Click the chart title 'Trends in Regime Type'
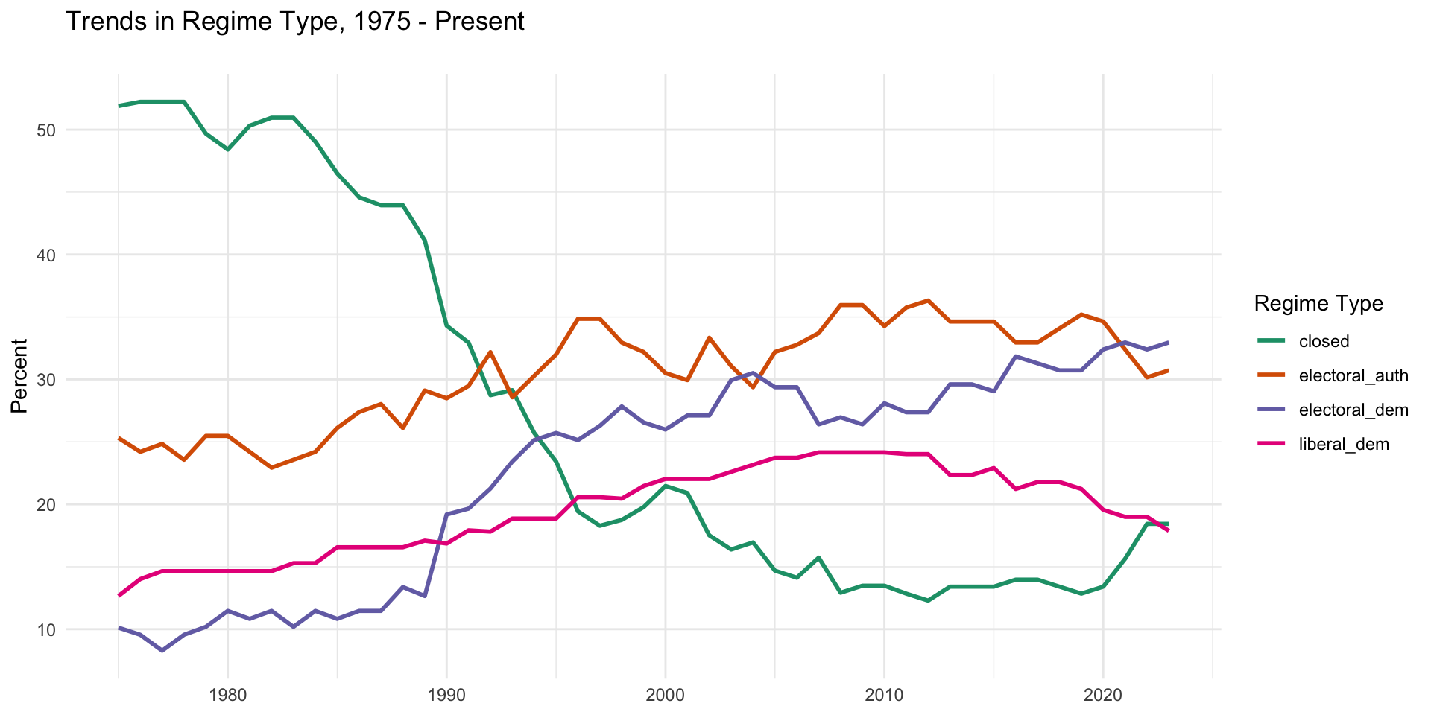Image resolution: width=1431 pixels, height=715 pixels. (x=295, y=21)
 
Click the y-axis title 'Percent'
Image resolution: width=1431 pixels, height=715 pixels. (x=19, y=375)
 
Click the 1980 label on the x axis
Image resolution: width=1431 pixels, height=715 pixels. (x=228, y=696)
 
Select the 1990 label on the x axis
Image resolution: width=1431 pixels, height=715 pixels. (x=446, y=696)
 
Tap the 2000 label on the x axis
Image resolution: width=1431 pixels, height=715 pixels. (x=666, y=696)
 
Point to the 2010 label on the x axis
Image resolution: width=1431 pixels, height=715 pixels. (x=884, y=696)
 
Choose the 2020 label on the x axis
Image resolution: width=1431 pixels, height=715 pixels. (x=1103, y=696)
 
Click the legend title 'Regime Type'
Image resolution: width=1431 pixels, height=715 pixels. (x=1318, y=303)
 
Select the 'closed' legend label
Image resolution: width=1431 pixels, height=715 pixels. (x=1324, y=341)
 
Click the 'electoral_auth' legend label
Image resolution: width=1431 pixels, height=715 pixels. (x=1353, y=375)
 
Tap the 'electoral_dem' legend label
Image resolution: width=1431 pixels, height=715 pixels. (x=1353, y=410)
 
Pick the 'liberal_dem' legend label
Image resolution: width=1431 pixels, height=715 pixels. (x=1343, y=445)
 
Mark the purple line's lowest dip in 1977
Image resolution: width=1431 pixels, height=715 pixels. (x=162, y=650)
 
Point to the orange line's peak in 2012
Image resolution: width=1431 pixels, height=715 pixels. (x=928, y=300)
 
